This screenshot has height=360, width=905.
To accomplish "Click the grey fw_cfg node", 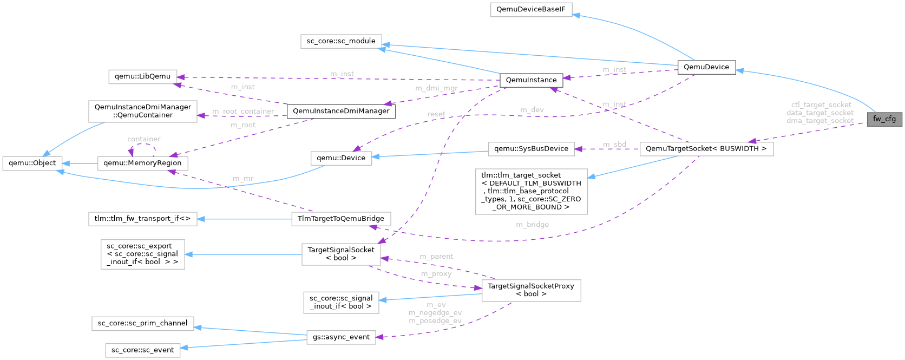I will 884,119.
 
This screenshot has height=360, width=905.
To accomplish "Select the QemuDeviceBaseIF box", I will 531,10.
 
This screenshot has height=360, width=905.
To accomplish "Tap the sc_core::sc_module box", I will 340,41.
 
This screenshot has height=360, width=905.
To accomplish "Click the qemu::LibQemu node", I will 142,76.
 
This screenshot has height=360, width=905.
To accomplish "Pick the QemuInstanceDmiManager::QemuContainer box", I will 142,111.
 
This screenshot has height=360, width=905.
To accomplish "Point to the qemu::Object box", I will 32,163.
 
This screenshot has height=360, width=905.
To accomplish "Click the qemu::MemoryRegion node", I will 142,163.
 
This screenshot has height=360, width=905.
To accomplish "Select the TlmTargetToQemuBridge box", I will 340,219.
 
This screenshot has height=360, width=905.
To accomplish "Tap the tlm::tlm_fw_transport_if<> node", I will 142,219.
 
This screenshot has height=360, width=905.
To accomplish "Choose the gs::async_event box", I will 340,337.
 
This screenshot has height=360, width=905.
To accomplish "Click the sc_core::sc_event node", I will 142,350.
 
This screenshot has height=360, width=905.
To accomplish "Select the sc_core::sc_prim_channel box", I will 142,323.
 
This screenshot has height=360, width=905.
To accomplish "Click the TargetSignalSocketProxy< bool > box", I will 530,290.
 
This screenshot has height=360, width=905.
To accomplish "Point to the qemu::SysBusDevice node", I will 531,149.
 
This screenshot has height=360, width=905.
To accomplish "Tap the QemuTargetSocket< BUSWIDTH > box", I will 706,149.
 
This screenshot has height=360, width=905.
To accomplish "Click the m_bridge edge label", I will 532,225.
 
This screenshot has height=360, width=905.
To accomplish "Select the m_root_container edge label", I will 243,112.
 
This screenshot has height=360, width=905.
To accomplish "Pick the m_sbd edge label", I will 614,145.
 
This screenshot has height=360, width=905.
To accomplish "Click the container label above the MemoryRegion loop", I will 143,139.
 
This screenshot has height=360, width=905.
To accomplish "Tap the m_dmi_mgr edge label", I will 436,88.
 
